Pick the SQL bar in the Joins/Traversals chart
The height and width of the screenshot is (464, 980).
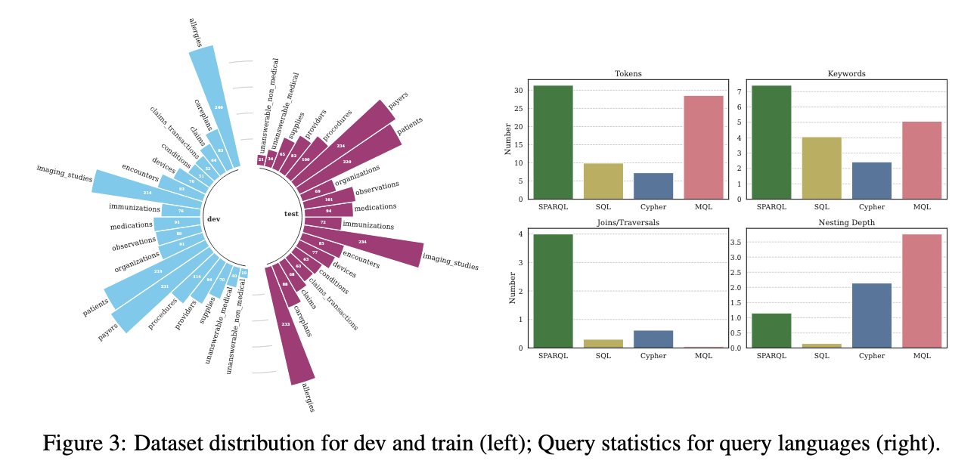[602, 344]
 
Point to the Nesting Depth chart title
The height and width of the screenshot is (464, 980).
[846, 223]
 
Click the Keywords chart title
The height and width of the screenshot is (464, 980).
[846, 74]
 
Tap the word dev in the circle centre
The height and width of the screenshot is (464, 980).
[213, 219]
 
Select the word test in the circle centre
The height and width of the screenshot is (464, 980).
[291, 214]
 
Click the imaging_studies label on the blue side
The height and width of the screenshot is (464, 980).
[64, 174]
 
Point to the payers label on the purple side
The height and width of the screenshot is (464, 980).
[398, 100]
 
